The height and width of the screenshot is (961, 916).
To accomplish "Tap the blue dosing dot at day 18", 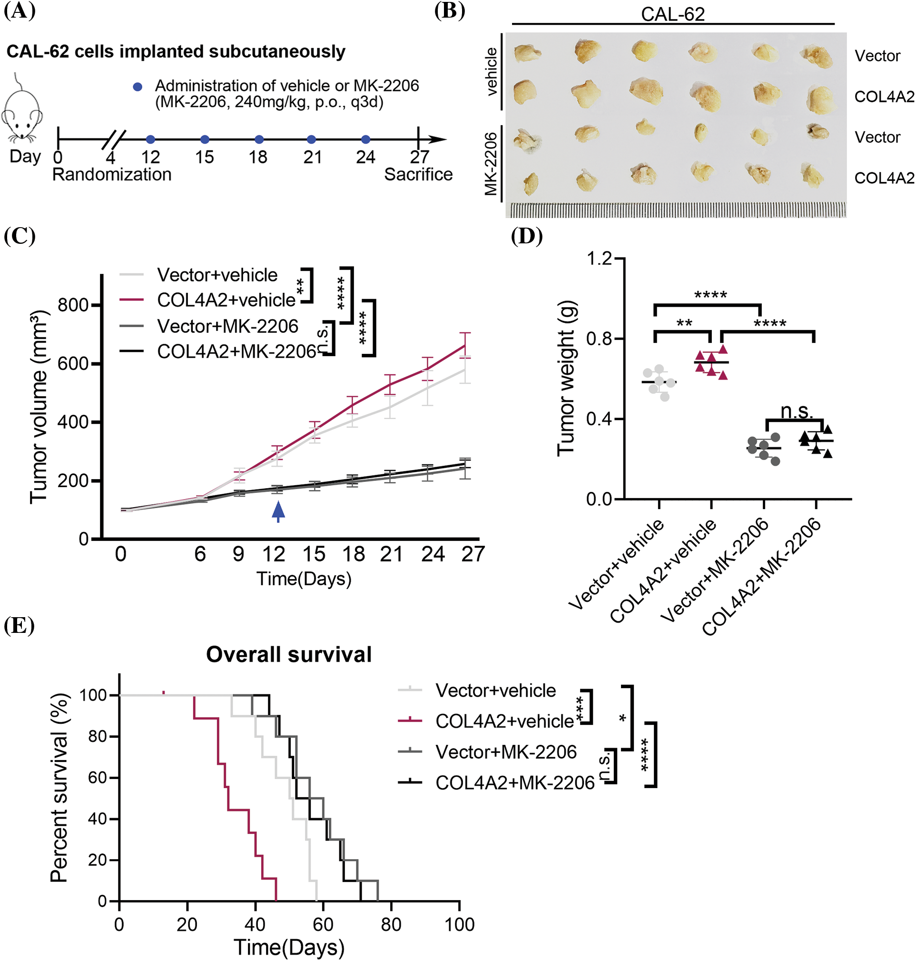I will click(x=259, y=140).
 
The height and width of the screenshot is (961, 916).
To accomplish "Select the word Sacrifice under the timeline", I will click(x=418, y=174).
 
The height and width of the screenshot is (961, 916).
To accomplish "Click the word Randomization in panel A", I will click(x=112, y=174).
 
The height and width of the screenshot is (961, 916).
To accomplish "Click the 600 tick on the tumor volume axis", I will click(x=73, y=363).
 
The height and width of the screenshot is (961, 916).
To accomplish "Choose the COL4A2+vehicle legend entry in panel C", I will click(x=226, y=300).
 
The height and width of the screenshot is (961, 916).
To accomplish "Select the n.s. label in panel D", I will click(x=797, y=411).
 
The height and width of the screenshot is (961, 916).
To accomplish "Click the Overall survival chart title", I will click(x=288, y=654).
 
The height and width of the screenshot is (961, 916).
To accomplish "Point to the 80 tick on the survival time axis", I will click(x=391, y=924).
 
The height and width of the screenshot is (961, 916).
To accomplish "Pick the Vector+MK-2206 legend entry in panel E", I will click(x=506, y=751).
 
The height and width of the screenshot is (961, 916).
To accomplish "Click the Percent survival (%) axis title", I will click(x=59, y=787).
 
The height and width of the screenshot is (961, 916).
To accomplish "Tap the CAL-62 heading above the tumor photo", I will click(x=672, y=14).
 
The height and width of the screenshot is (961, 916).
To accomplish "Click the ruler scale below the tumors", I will click(x=678, y=210).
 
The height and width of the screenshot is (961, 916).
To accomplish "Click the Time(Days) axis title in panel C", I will click(x=304, y=579).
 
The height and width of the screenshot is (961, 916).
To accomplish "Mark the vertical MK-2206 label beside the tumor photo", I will click(x=491, y=164).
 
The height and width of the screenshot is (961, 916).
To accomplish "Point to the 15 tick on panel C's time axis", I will click(x=314, y=554).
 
